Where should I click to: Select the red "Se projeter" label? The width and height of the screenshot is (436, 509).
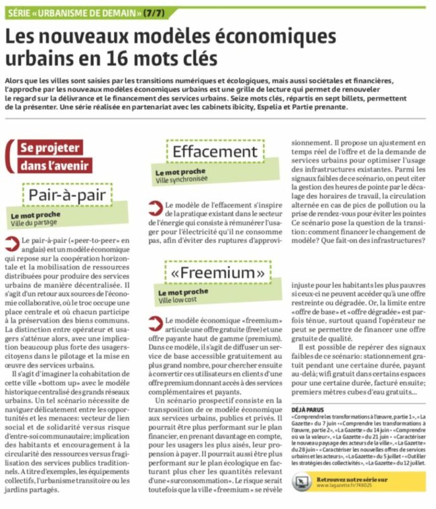(50, 148)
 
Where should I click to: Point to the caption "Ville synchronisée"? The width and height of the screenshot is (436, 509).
(181, 179)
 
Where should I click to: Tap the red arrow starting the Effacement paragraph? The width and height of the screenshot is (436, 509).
(155, 205)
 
